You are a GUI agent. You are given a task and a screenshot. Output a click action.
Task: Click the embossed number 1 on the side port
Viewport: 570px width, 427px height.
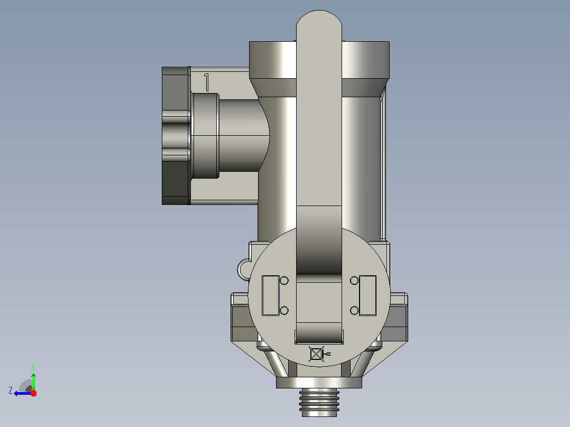coord(206,82)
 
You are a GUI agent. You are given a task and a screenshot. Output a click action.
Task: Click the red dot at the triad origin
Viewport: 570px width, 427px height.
coord(33,393)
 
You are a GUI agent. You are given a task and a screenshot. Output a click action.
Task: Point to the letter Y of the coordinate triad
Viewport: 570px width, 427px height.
coord(33,367)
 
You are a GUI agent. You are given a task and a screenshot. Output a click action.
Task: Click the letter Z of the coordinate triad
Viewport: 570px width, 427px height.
coord(11,391)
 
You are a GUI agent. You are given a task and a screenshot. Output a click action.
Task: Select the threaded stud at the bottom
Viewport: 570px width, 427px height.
coord(319,402)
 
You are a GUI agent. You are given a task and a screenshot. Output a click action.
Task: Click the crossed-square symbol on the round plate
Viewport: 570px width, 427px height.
coord(316,354)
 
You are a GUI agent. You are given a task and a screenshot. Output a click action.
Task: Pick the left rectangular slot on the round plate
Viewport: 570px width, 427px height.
coord(271,295)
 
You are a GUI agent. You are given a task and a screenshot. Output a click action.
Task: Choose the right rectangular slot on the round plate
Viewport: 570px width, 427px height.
coord(367,295)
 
